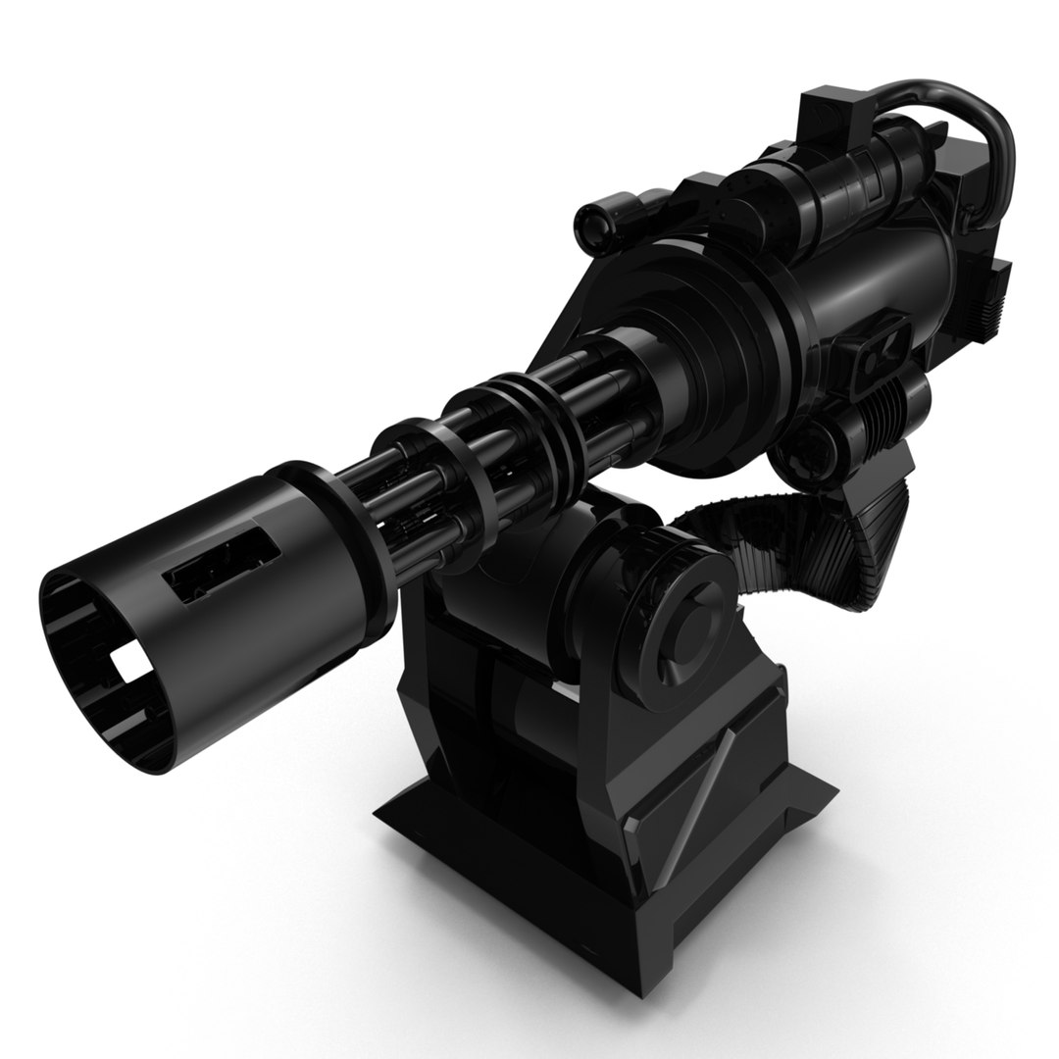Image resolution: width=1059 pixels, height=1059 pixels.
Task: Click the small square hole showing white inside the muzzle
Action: coord(127,667)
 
